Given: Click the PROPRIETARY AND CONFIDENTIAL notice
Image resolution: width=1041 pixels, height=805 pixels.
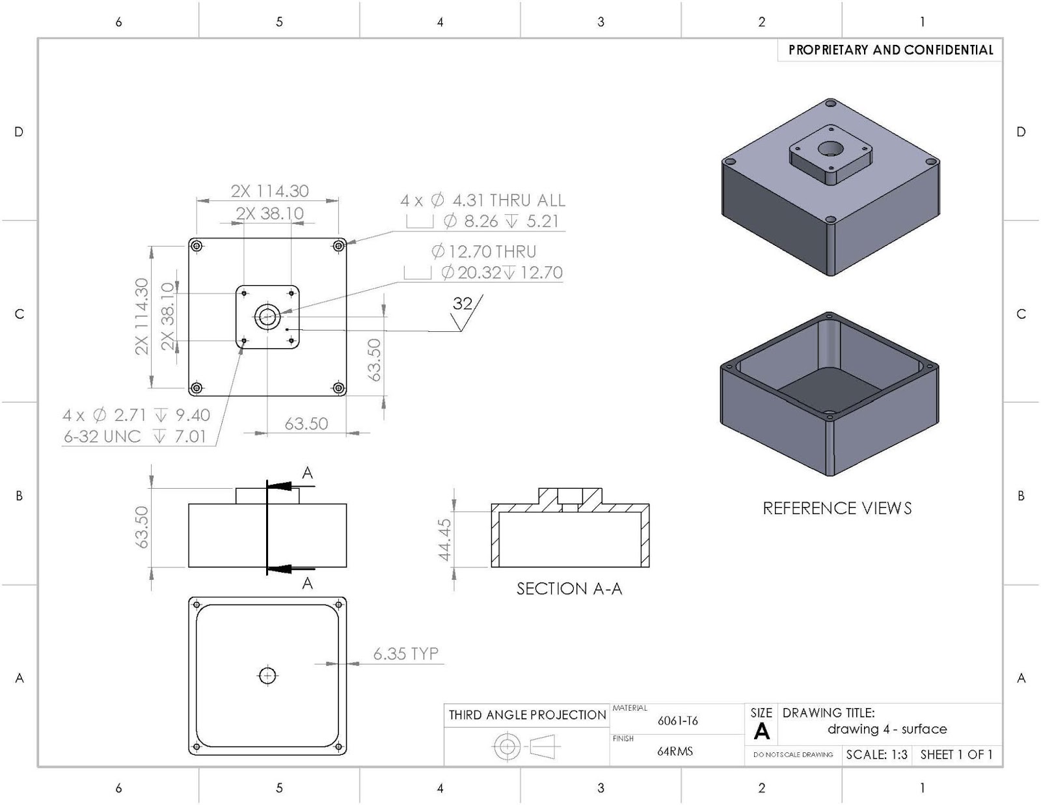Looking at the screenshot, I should tap(890, 50).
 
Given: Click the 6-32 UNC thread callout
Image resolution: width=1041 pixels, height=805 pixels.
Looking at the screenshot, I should tap(102, 436).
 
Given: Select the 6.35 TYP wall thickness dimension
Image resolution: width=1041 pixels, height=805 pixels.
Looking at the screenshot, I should tap(405, 653).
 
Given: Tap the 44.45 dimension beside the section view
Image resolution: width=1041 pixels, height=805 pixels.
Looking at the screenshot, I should tap(444, 539).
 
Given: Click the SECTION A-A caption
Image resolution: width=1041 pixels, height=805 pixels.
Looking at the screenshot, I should tap(569, 589).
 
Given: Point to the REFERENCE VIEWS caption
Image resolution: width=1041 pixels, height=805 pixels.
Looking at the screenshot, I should tap(837, 508).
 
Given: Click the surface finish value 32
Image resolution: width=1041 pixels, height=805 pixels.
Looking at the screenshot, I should tap(462, 303).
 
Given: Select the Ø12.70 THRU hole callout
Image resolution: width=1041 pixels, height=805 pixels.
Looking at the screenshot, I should tap(483, 251).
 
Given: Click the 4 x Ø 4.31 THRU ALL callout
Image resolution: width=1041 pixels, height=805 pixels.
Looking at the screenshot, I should tap(482, 200).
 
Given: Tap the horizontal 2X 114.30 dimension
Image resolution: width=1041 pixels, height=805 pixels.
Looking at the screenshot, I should tap(269, 191).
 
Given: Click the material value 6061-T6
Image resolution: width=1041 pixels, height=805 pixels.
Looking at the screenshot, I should tap(677, 720).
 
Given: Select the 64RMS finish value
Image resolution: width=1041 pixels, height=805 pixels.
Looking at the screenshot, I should tap(675, 751).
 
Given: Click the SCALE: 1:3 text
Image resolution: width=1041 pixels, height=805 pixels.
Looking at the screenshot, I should tap(876, 755).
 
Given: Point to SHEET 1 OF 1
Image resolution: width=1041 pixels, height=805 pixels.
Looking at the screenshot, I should tap(956, 755).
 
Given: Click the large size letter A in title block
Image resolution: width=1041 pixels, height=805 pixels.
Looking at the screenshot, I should tap(761, 732).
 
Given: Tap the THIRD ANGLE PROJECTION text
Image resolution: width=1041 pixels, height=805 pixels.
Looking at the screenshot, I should tap(527, 715).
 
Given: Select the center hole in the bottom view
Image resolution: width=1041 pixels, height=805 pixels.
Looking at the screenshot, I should tap(267, 676).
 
